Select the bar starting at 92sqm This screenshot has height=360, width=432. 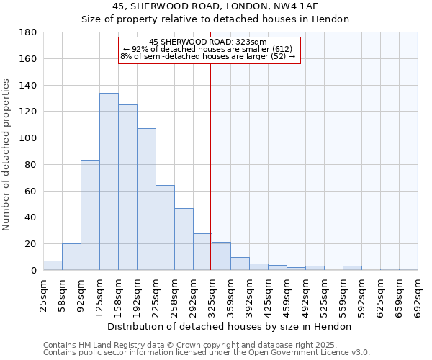(x=90, y=215)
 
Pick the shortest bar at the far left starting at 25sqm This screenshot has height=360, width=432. (x=53, y=266)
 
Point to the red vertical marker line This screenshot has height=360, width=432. (x=210, y=166)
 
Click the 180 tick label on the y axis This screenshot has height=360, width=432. (x=28, y=32)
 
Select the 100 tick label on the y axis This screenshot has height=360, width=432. (x=28, y=138)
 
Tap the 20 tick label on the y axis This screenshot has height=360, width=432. (x=31, y=244)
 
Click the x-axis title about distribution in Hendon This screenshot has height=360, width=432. (x=229, y=326)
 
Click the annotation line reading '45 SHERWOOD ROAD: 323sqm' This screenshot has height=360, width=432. (x=208, y=42)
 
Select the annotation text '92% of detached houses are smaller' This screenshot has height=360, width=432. (x=208, y=49)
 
